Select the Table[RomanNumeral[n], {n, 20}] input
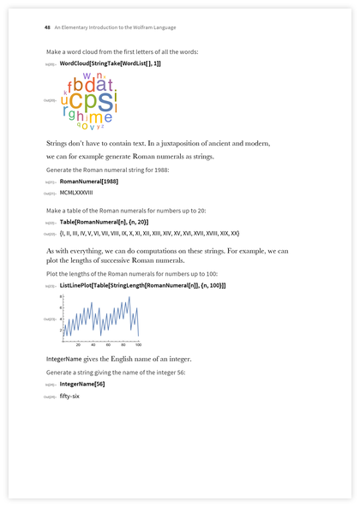[110, 222]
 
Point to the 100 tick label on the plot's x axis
[137, 344]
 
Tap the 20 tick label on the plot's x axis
[77, 344]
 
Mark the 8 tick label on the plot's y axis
[61, 296]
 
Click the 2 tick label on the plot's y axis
[61, 330]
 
